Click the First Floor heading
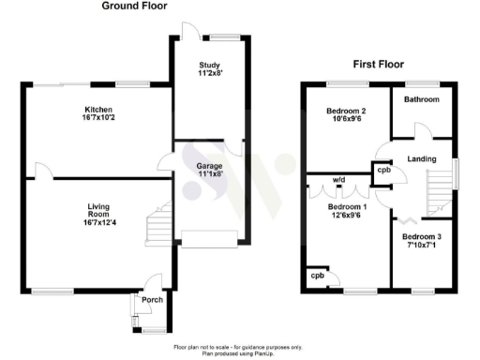(379, 65)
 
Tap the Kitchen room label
(98, 111)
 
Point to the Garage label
(209, 167)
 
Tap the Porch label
(152, 300)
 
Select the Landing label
(423, 159)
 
